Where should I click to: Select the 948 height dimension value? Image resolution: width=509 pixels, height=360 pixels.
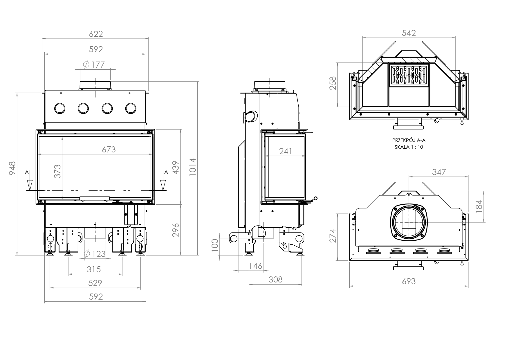pyautogui.click(x=12, y=168)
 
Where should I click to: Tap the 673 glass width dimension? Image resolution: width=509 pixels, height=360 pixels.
pyautogui.click(x=109, y=150)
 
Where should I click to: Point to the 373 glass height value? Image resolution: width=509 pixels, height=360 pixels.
pyautogui.click(x=57, y=171)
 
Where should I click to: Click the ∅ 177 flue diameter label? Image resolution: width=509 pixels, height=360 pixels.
pyautogui.click(x=94, y=64)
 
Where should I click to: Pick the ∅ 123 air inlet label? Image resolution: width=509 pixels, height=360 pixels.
pyautogui.click(x=95, y=254)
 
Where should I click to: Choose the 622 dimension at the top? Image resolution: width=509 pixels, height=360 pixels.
pyautogui.click(x=96, y=34)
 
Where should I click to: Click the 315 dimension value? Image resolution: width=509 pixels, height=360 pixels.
pyautogui.click(x=94, y=269)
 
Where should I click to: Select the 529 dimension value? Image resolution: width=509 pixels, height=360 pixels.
pyautogui.click(x=95, y=283)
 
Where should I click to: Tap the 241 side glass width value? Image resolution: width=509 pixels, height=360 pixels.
pyautogui.click(x=286, y=151)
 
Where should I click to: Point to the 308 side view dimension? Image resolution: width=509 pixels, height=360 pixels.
pyautogui.click(x=275, y=279)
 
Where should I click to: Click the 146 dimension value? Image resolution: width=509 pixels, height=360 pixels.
pyautogui.click(x=256, y=266)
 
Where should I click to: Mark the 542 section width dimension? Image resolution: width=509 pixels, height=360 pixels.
pyautogui.click(x=409, y=33)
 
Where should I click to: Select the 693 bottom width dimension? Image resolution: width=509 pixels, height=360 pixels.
pyautogui.click(x=409, y=281)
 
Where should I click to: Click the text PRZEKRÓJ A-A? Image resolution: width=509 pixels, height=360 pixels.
pyautogui.click(x=409, y=141)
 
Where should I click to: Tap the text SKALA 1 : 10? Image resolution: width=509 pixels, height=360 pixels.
pyautogui.click(x=409, y=147)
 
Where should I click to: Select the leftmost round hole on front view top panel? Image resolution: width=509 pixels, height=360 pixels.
pyautogui.click(x=60, y=108)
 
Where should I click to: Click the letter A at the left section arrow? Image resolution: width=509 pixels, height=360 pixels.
pyautogui.click(x=27, y=172)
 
